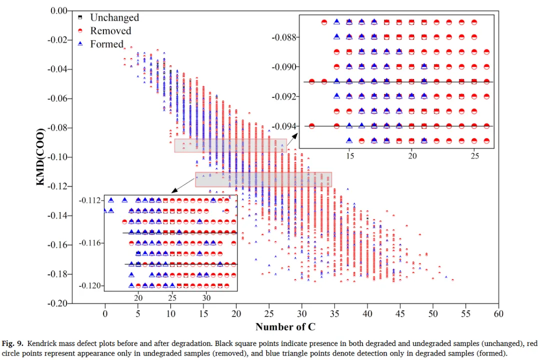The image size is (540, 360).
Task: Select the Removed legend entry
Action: click(110, 31)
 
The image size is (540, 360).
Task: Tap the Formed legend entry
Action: click(106, 44)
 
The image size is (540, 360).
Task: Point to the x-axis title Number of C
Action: click(285, 327)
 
